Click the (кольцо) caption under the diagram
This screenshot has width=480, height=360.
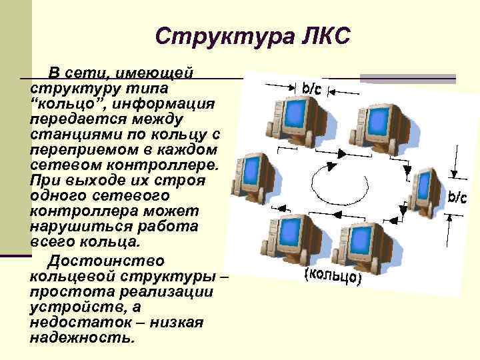click(x=331, y=276)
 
